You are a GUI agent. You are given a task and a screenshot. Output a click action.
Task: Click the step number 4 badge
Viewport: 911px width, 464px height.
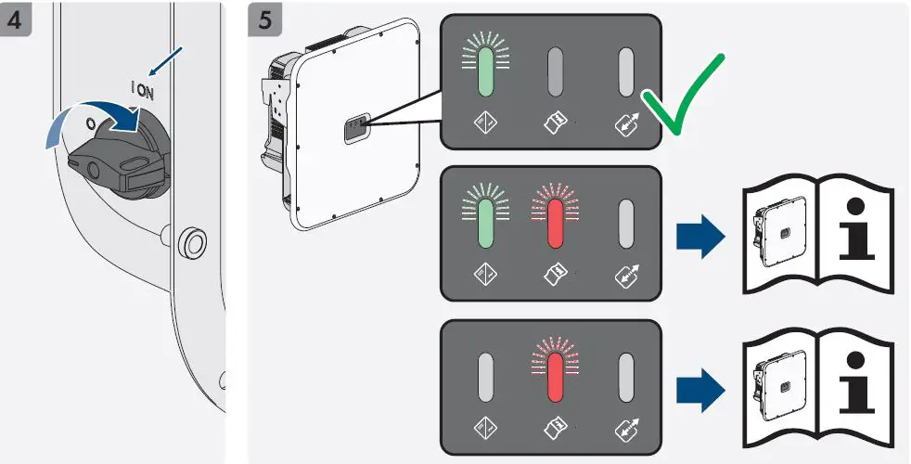tap(18, 19)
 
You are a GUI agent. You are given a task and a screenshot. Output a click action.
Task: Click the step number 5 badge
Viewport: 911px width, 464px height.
tap(266, 19)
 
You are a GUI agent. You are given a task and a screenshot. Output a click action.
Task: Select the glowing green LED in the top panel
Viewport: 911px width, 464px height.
tap(486, 74)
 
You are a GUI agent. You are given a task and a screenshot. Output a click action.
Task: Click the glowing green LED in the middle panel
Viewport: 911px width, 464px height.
tap(486, 224)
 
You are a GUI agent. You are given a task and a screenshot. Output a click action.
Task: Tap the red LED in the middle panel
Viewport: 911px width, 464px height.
tap(556, 224)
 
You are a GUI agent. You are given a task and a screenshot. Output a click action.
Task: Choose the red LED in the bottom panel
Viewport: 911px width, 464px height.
tap(556, 378)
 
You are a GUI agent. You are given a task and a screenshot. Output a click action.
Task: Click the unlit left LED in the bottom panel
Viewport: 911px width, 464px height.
tap(486, 378)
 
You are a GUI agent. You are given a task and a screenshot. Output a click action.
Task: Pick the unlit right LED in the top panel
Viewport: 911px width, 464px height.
tap(625, 74)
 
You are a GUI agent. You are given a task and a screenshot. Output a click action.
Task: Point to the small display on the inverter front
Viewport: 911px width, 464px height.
tap(356, 131)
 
